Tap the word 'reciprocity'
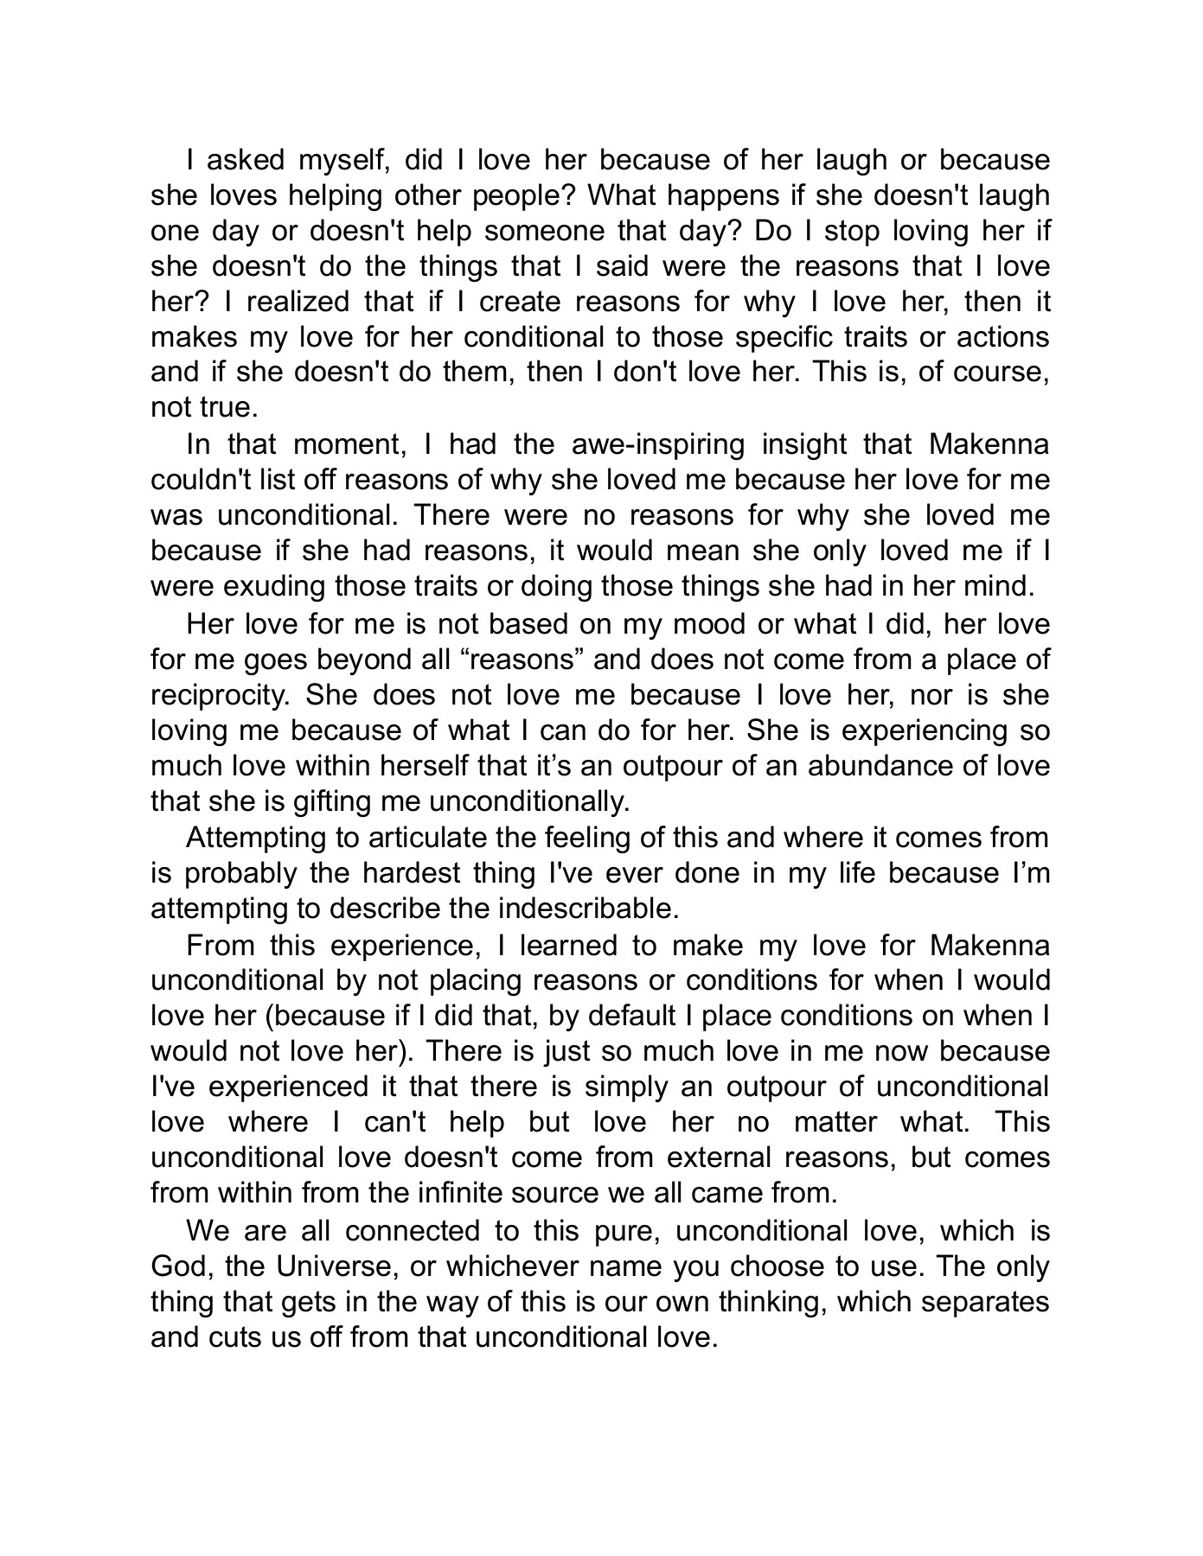coord(221,695)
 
